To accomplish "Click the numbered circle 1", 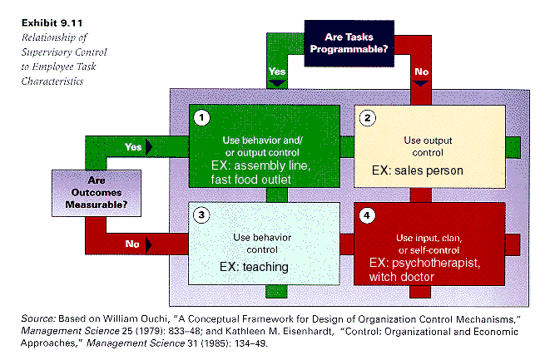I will click(201, 118).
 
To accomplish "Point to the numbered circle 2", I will click(367, 118).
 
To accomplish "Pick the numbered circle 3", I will click(201, 215).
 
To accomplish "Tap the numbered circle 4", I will click(367, 215).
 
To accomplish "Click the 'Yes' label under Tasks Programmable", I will click(278, 72).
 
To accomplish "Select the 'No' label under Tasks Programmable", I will click(422, 72).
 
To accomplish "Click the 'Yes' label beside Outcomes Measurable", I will click(133, 147).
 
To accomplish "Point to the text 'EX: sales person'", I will click(417, 170).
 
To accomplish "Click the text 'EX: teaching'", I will click(253, 267).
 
